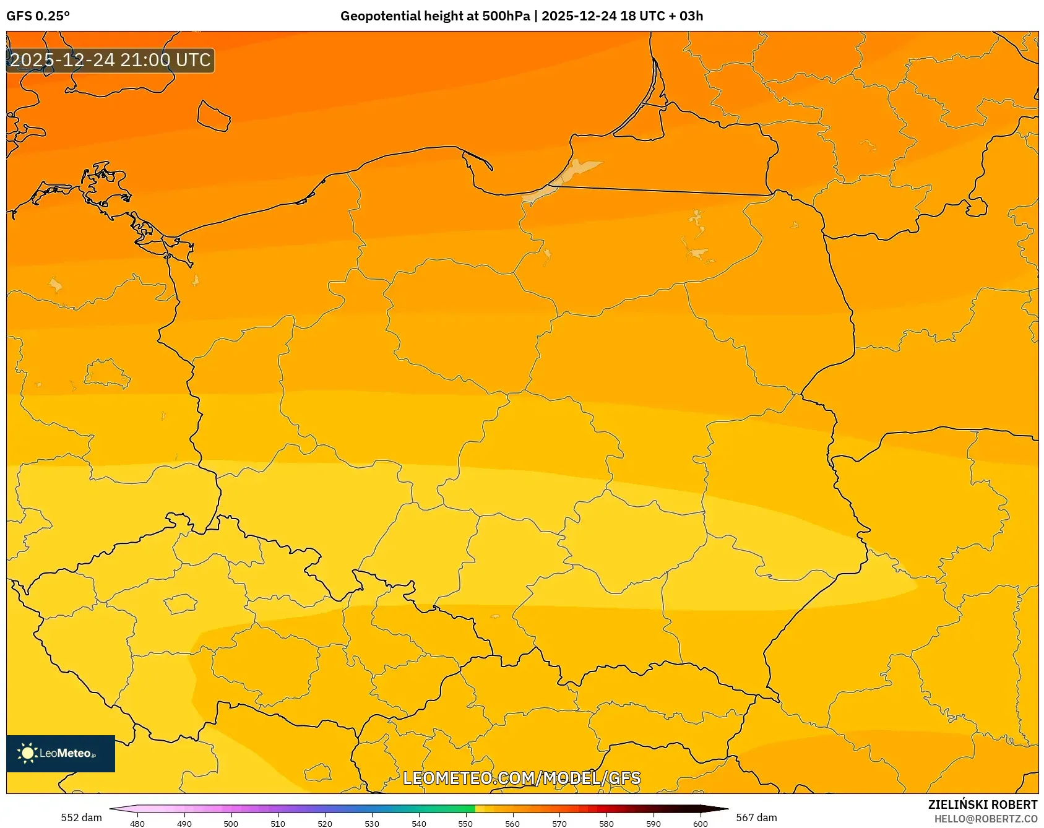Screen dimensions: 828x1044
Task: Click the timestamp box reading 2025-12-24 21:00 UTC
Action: [x=110, y=61]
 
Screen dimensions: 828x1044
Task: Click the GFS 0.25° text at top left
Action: [x=38, y=16]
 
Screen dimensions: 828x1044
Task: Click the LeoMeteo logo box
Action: [x=61, y=753]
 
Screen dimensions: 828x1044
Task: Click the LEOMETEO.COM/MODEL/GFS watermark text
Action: [x=522, y=778]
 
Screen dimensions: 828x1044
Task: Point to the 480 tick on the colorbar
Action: [x=137, y=823]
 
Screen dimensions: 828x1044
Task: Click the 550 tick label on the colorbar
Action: [x=465, y=823]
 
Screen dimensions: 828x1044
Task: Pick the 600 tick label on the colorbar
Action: [x=700, y=823]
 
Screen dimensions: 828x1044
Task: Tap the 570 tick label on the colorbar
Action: [x=559, y=823]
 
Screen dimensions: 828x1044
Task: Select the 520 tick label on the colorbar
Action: [x=325, y=823]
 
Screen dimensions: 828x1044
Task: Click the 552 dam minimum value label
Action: [x=81, y=817]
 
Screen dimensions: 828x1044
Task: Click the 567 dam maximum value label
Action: [x=756, y=817]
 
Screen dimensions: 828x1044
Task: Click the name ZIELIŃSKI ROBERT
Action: [x=982, y=804]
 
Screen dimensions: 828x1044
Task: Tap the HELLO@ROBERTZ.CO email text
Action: [x=985, y=819]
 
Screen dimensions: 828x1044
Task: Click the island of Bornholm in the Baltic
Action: [x=214, y=116]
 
